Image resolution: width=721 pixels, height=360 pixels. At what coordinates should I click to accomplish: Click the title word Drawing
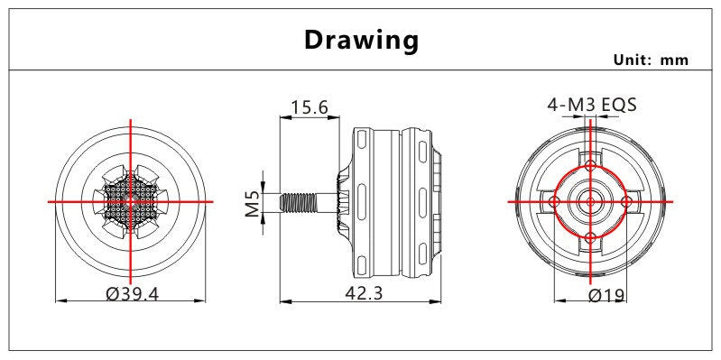(362, 41)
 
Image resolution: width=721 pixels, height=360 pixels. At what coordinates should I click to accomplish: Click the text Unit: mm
(652, 60)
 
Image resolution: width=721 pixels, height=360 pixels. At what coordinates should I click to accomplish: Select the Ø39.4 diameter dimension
(132, 293)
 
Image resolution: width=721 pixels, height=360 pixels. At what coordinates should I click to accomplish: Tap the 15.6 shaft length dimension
(309, 107)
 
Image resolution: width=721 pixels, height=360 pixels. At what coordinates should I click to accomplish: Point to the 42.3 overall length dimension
(364, 293)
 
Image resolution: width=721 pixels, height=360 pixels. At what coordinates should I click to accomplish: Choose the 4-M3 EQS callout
(592, 105)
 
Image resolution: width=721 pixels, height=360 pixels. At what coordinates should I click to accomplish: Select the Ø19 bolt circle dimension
(606, 294)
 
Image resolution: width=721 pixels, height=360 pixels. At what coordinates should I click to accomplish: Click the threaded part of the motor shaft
(299, 202)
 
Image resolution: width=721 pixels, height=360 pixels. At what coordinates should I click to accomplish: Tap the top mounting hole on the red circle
(591, 165)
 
